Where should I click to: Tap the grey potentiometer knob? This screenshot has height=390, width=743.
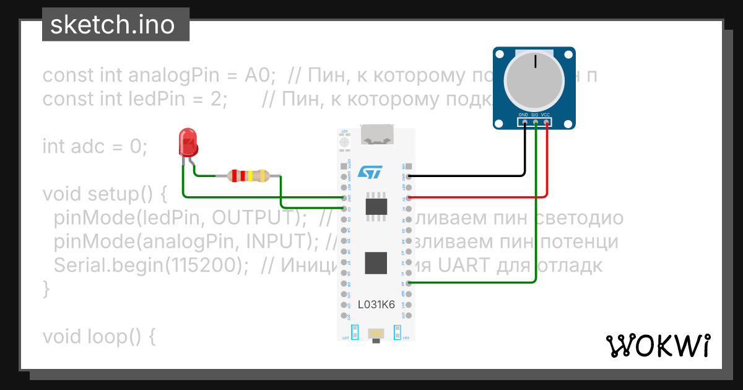(534, 84)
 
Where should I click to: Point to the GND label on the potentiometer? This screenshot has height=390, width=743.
(524, 115)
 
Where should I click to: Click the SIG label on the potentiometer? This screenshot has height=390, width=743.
(535, 115)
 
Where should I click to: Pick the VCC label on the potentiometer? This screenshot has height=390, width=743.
(545, 115)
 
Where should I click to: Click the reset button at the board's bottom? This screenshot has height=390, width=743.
(376, 334)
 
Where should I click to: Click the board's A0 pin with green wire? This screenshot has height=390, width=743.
(408, 283)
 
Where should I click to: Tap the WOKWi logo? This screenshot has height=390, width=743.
(658, 345)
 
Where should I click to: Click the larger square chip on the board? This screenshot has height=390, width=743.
(376, 263)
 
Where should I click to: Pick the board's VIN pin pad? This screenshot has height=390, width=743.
(408, 165)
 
